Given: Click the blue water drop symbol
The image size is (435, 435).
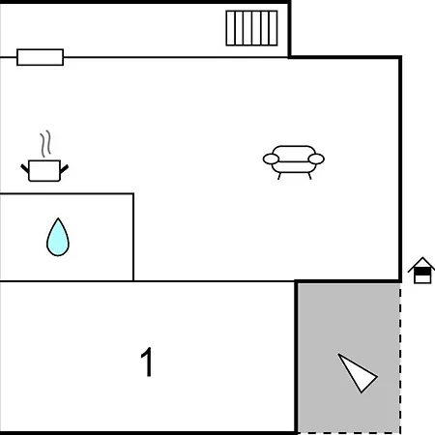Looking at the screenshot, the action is click(58, 239).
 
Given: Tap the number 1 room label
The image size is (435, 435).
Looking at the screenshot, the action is click(147, 362).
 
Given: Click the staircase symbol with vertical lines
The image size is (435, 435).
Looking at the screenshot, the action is click(251, 28).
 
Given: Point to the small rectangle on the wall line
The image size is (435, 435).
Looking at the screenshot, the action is click(41, 57).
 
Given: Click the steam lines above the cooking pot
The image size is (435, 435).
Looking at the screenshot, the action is click(46, 143).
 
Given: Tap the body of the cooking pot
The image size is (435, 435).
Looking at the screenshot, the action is click(44, 171).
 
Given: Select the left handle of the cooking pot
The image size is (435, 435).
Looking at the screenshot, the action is click(25, 168).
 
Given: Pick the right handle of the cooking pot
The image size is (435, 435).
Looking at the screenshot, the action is click(64, 168).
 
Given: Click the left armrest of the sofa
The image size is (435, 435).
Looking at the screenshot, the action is click(271, 159).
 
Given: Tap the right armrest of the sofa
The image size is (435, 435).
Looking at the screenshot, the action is click(316, 159).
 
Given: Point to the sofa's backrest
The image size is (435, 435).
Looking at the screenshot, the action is click(294, 153).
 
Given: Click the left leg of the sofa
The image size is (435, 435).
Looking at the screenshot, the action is click(279, 176).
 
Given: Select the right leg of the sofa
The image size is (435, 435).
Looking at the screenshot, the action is click(310, 176).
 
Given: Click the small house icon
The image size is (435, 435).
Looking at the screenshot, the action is click(421, 270).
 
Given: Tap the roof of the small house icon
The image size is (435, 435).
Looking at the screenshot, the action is click(422, 263).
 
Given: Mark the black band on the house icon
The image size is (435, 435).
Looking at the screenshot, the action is click(422, 273).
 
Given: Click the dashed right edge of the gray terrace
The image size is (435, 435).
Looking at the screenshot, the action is click(400, 359).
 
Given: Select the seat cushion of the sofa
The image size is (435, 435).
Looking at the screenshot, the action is click(294, 167).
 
